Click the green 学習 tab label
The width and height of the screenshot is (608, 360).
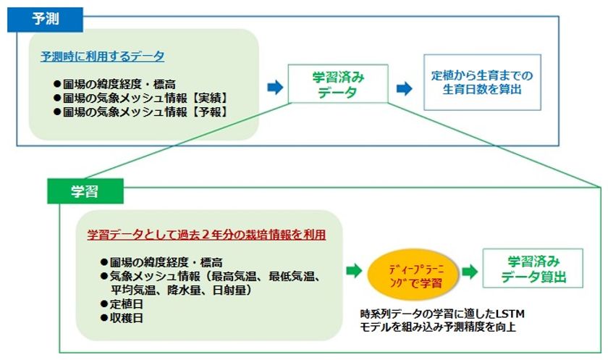tap(85, 191)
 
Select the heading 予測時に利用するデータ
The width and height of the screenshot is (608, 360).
tap(102, 56)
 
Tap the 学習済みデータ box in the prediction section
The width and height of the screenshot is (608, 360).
tap(338, 84)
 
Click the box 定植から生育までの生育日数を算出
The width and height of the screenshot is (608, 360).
tap(482, 83)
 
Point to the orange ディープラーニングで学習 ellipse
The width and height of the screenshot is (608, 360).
tap(413, 275)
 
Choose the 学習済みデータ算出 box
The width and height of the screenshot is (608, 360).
tap(533, 269)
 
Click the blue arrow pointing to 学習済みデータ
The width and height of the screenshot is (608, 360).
tap(275, 87)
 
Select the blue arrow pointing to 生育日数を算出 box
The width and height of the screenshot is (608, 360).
tap(404, 88)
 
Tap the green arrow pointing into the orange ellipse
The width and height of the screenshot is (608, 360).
tap(354, 270)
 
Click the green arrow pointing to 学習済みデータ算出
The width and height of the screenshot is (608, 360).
tap(470, 272)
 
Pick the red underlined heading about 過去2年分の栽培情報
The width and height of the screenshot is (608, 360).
tap(206, 235)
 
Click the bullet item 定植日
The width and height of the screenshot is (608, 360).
tap(122, 304)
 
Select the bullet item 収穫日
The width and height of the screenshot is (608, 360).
tap(122, 318)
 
